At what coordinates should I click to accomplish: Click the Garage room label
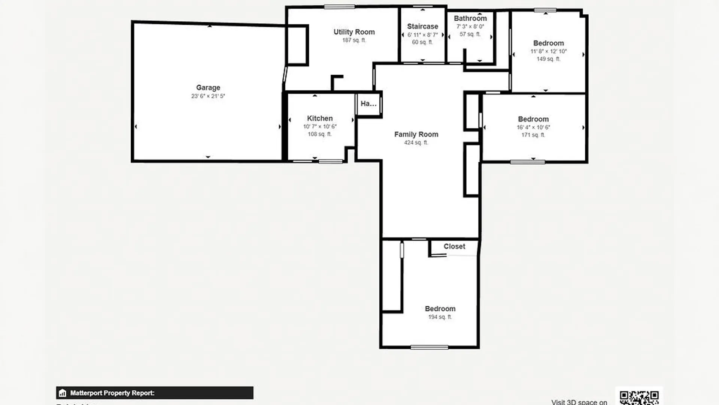(208, 88)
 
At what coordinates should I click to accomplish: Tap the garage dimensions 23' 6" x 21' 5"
(208, 96)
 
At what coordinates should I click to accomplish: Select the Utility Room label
(354, 32)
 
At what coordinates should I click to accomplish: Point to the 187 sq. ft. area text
(354, 40)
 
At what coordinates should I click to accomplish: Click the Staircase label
(422, 27)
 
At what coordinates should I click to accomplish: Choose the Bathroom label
(470, 18)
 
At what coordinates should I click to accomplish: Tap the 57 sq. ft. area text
(470, 34)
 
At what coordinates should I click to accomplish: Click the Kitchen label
(320, 118)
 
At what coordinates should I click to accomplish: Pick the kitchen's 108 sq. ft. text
(319, 134)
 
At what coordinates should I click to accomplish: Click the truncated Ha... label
(368, 104)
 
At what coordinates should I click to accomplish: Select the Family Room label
(416, 135)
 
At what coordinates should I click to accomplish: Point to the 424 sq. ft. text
(416, 143)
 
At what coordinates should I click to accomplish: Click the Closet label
(454, 247)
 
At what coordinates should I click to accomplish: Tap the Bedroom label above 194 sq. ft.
(440, 309)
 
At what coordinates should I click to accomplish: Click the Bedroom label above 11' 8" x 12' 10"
(548, 43)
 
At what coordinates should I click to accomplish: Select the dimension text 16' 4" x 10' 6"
(533, 127)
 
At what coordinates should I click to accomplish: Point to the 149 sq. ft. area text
(548, 59)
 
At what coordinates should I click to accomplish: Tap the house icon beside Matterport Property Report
(63, 393)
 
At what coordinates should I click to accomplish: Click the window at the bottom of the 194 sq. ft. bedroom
(429, 348)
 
